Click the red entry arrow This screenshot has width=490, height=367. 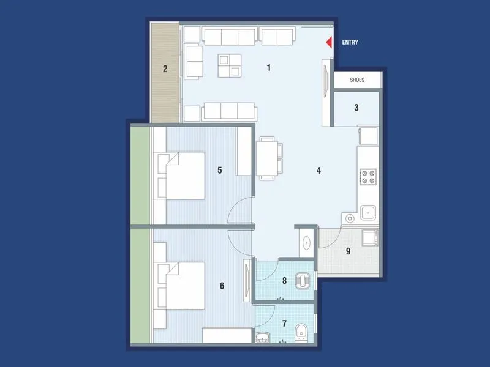tap(328, 43)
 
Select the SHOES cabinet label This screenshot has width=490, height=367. tap(357, 80)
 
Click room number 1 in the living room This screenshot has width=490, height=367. tap(269, 68)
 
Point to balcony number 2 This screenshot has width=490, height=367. tap(165, 69)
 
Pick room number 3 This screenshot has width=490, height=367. tap(356, 108)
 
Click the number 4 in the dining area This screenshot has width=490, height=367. tap(319, 170)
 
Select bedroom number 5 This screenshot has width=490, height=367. tap(219, 170)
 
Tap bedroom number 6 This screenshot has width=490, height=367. tap(222, 286)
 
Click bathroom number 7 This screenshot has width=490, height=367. tap(284, 322)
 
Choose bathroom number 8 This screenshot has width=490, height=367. tap(284, 281)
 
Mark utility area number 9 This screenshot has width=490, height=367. tap(348, 251)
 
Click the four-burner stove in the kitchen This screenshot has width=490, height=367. tap(369, 177)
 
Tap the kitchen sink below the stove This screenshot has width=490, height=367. tap(368, 212)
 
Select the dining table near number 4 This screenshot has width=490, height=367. tap(268, 157)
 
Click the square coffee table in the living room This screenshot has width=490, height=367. tap(229, 65)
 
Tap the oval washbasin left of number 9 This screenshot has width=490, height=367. tap(307, 243)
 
